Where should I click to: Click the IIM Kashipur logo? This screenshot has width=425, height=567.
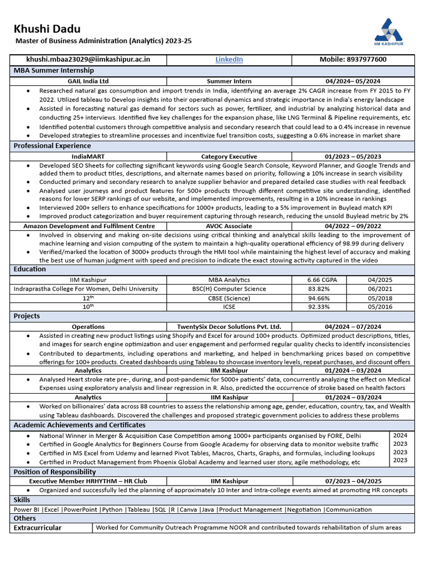tap(390, 32)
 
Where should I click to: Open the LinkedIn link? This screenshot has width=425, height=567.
tap(229, 60)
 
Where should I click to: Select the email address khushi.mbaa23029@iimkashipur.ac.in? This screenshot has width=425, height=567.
tap(88, 60)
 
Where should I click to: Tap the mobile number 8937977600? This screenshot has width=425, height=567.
tap(353, 60)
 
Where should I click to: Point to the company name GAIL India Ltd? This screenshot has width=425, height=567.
tap(88, 81)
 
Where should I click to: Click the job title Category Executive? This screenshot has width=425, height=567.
tap(229, 157)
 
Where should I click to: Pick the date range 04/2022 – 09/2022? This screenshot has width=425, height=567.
tap(353, 226)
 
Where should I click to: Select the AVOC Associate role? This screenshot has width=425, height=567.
tap(229, 226)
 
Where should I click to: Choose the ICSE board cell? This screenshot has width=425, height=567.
tap(229, 307)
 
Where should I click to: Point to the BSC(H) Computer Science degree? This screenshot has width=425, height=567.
tap(229, 288)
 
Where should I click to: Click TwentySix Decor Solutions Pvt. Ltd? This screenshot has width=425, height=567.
tap(229, 327)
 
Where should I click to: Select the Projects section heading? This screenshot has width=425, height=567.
tap(27, 316)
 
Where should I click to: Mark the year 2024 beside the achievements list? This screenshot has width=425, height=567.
tap(400, 436)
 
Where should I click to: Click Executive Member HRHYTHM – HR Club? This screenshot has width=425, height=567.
tap(88, 481)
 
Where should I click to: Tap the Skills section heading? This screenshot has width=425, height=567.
tap(22, 500)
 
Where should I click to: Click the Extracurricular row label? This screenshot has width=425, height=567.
tap(37, 528)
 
